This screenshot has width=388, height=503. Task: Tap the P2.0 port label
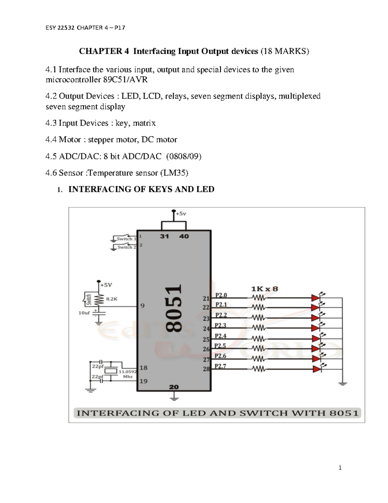[221, 295]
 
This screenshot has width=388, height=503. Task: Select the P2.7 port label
[221, 366]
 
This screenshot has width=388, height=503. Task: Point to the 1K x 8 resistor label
[264, 289]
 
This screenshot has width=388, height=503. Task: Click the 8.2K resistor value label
[112, 299]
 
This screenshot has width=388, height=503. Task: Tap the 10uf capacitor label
[84, 313]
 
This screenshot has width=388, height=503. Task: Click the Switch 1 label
[126, 239]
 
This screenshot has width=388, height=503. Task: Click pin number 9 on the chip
[142, 306]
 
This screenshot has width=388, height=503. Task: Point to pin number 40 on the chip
[184, 236]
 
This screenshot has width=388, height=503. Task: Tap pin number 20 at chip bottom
[174, 387]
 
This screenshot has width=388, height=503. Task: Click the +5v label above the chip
[181, 214]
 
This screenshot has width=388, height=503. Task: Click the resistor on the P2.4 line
[258, 339]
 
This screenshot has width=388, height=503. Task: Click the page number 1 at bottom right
[340, 468]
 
